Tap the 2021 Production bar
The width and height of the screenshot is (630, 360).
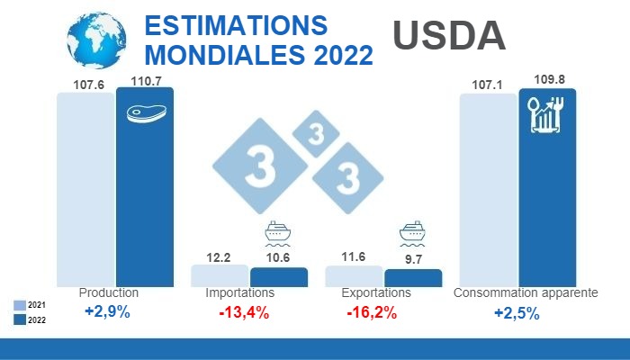pyautogui.click(x=85, y=189)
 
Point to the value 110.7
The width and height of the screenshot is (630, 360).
pyautogui.click(x=146, y=81)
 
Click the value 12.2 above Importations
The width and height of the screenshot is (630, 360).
pyautogui.click(x=219, y=256)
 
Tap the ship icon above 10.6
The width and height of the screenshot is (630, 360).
pyautogui.click(x=277, y=234)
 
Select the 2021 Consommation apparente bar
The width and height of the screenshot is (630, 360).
pyautogui.click(x=488, y=189)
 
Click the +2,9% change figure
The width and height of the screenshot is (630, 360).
pyautogui.click(x=107, y=312)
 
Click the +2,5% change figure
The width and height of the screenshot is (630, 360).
pyautogui.click(x=516, y=313)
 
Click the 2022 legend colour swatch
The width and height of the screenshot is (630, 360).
pyautogui.click(x=20, y=319)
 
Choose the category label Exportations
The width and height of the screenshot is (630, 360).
pyautogui.click(x=376, y=293)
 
